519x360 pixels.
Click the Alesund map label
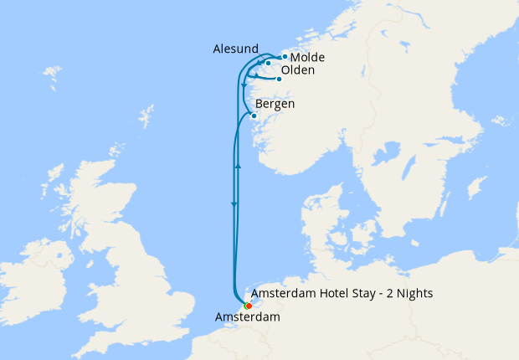(235, 49)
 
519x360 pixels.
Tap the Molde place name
(306, 57)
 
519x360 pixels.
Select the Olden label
(298, 70)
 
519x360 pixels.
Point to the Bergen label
(275, 105)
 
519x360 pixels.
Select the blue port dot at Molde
(285, 57)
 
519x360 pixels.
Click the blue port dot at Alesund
(268, 63)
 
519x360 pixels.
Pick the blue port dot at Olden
(279, 80)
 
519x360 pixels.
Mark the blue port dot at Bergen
(254, 116)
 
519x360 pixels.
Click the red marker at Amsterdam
(249, 306)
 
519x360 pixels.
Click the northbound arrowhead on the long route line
(239, 167)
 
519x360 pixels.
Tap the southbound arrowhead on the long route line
(234, 204)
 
